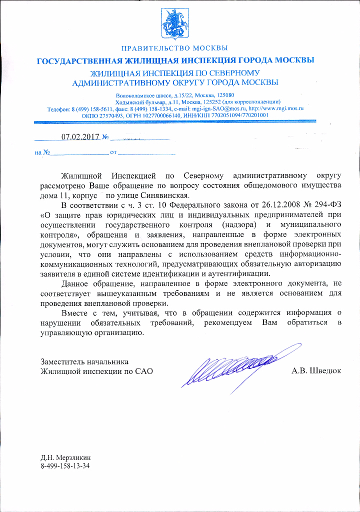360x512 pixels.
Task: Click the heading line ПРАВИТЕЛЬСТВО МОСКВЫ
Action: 174,48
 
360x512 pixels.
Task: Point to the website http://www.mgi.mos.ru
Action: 276,108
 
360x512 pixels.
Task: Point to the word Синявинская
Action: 167,195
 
